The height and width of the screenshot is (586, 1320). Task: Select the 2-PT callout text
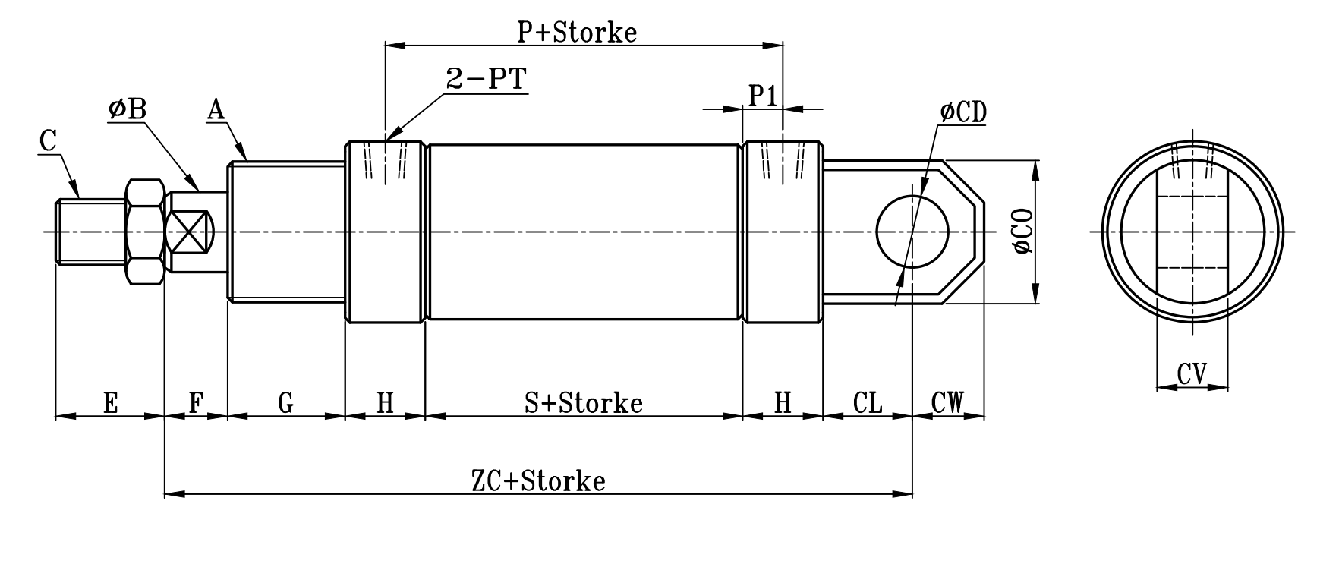[486, 80]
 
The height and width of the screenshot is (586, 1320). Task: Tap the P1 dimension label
[763, 96]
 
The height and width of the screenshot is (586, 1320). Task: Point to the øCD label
[962, 112]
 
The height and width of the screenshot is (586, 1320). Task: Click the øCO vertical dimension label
[1023, 232]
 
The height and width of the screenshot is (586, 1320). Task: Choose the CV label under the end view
[1192, 373]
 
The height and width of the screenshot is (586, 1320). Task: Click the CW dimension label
[947, 402]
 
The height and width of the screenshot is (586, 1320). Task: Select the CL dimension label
[868, 402]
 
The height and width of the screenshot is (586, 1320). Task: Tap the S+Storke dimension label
[583, 402]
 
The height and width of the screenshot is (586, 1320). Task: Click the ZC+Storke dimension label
[538, 481]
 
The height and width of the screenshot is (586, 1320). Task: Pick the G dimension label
[286, 402]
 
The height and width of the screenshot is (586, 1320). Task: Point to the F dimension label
[196, 402]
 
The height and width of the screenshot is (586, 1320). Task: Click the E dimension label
[110, 402]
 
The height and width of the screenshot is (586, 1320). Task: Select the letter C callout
[47, 141]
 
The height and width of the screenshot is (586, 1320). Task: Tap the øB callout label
[127, 109]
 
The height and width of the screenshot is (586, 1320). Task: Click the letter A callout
[216, 111]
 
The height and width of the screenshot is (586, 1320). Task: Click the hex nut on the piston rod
[146, 232]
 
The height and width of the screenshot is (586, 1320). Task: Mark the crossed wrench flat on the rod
[190, 232]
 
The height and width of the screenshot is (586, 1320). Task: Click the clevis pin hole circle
[912, 231]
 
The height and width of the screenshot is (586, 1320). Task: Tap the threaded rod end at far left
[90, 232]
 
